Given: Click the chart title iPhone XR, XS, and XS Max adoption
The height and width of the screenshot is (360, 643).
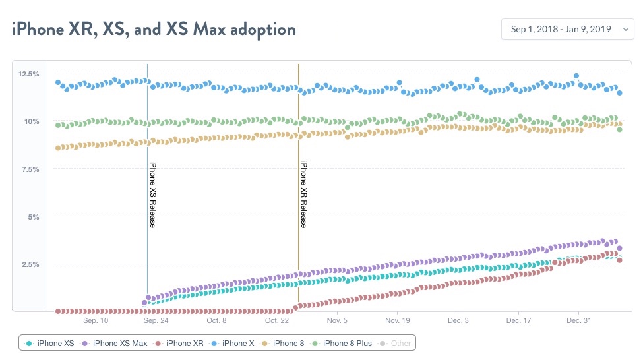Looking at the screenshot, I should click(x=154, y=30).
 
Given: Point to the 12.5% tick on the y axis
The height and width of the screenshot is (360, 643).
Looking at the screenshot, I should click(x=30, y=73).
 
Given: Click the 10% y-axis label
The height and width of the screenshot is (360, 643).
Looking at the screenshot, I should click(x=32, y=121).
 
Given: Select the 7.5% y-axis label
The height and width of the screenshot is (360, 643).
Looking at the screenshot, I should click(x=31, y=169).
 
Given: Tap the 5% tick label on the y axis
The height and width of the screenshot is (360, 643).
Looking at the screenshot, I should click(x=34, y=217).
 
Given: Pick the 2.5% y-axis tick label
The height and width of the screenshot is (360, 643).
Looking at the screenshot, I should click(x=31, y=264).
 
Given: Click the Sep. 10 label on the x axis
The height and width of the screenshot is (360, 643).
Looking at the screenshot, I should click(x=96, y=321).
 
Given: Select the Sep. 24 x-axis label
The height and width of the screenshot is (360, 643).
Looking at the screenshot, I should click(x=156, y=321).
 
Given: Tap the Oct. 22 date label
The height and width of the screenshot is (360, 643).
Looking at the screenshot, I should click(x=277, y=321).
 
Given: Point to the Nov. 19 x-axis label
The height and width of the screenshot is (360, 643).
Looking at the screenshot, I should click(x=397, y=321).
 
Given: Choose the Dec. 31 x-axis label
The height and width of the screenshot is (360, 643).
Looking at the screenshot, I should click(x=578, y=321).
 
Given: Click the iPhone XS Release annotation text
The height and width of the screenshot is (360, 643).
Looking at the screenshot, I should click(x=152, y=195).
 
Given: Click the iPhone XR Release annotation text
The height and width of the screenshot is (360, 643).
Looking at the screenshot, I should click(x=303, y=195).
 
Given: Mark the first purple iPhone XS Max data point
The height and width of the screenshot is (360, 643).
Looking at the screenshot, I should click(x=144, y=303).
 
